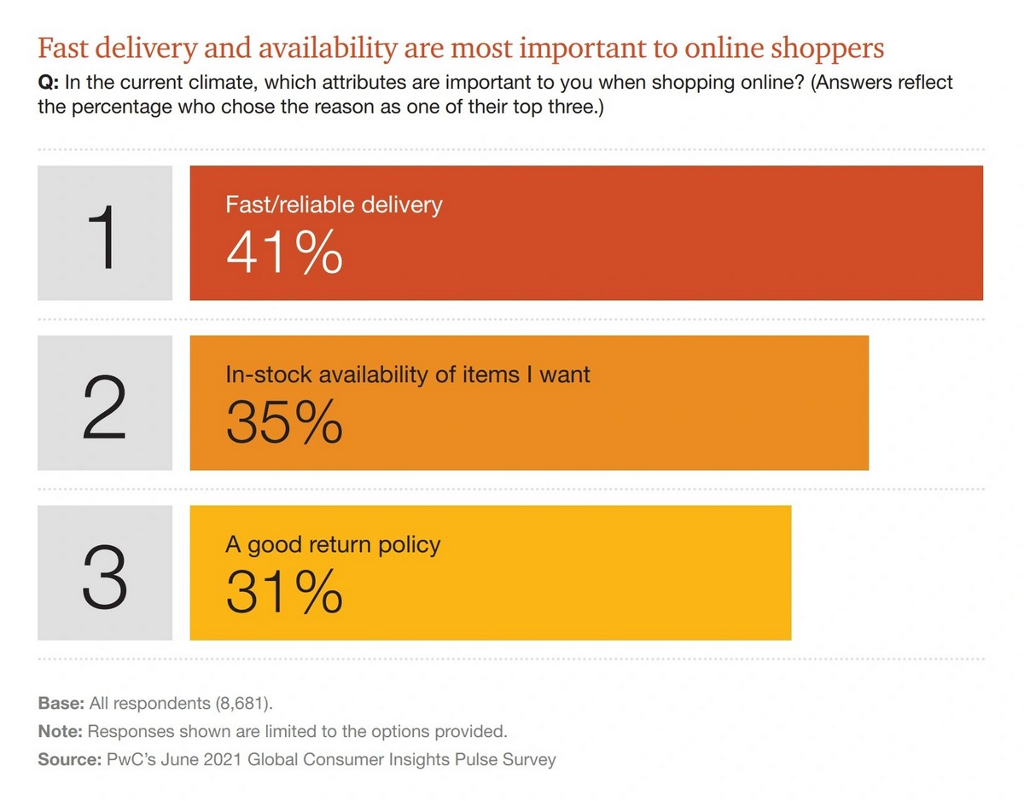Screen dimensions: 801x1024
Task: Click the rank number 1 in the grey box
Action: pyautogui.click(x=105, y=234)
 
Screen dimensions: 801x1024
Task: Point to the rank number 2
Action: pyautogui.click(x=105, y=404)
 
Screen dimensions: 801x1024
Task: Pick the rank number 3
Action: pyautogui.click(x=105, y=573)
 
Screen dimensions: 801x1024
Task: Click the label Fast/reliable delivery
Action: pyautogui.click(x=334, y=206)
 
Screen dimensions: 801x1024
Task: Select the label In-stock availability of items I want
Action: pyautogui.click(x=408, y=375)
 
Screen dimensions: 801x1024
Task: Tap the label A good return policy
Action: pyautogui.click(x=333, y=545)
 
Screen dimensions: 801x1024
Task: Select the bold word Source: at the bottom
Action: pyautogui.click(x=67, y=758)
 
